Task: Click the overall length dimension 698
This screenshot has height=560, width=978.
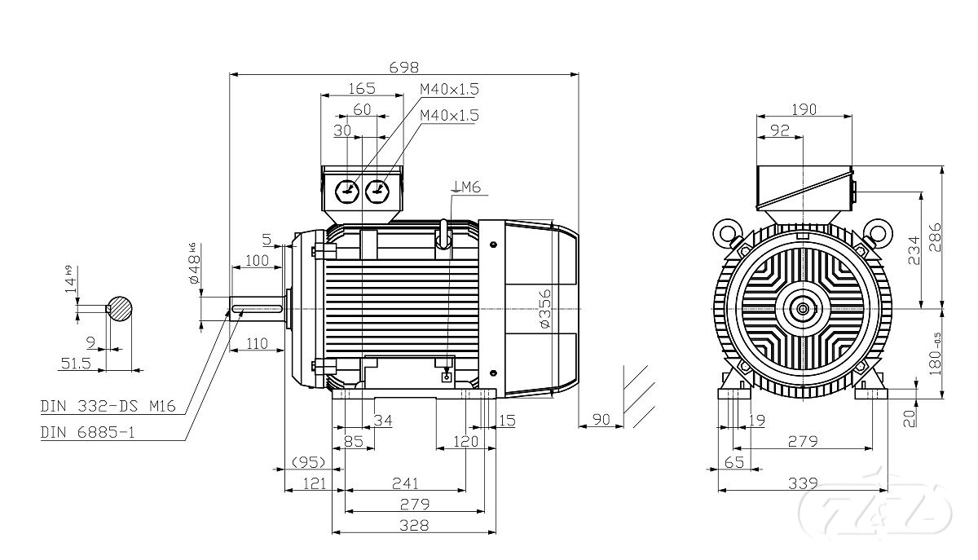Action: click(404, 66)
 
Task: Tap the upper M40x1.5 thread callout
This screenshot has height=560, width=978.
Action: click(449, 89)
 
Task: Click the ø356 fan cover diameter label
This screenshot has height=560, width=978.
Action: click(546, 307)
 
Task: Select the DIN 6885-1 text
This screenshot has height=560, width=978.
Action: click(87, 433)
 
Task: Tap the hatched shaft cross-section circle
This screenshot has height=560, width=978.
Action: click(121, 307)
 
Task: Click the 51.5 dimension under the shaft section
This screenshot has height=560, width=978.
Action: click(75, 364)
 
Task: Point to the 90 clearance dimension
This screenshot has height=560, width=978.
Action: click(601, 419)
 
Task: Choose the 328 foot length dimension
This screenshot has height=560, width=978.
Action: click(414, 525)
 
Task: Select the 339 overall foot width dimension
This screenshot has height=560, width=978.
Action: click(804, 483)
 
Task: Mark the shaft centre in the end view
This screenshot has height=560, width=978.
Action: click(804, 308)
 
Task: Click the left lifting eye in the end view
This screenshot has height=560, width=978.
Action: click(725, 232)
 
